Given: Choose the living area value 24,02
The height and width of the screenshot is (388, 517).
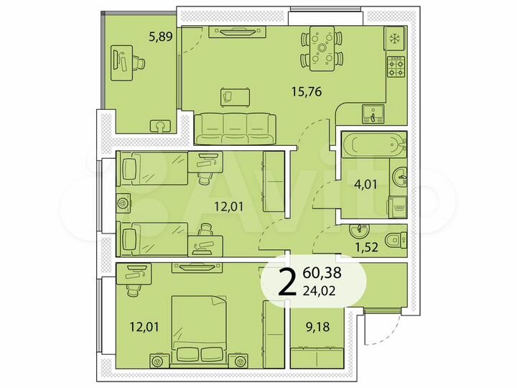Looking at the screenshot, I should [x=322, y=291].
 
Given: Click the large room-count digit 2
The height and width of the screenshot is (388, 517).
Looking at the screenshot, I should [x=287, y=283].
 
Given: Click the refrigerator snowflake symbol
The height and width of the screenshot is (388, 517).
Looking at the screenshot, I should [x=394, y=39].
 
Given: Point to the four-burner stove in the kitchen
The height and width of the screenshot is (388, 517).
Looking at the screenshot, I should [x=395, y=67].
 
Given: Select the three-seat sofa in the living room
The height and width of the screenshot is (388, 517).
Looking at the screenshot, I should [x=235, y=128].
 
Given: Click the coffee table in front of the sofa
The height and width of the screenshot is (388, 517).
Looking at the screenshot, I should [x=235, y=94].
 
